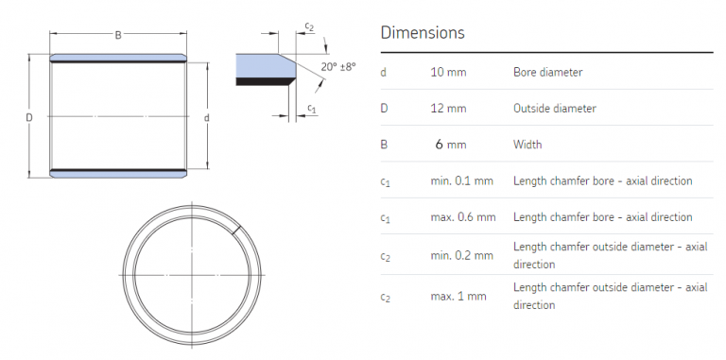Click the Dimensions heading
click(x=422, y=32)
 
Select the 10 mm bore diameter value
click(x=449, y=72)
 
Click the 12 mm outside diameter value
click(x=449, y=108)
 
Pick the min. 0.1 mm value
click(x=462, y=180)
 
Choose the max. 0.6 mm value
click(x=462, y=217)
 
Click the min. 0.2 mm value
click(x=462, y=255)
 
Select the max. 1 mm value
click(x=458, y=296)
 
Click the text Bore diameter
click(x=547, y=72)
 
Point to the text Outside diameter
click(x=555, y=108)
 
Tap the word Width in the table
click(x=527, y=145)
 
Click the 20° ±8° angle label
click(x=337, y=67)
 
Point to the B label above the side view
click(x=118, y=35)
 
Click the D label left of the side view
click(x=29, y=117)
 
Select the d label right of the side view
click(x=206, y=117)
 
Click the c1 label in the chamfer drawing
click(x=312, y=111)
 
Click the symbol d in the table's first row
click(x=383, y=72)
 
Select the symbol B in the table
click(x=383, y=145)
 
